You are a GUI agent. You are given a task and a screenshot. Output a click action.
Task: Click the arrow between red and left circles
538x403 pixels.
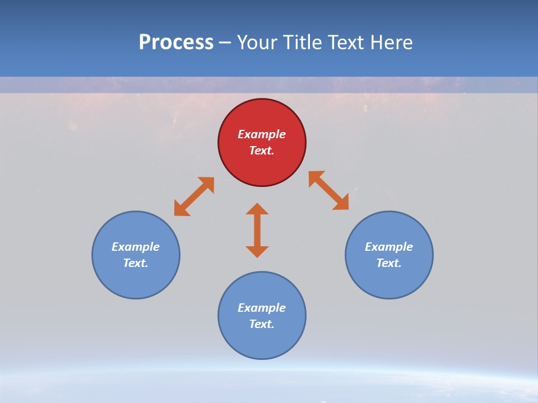coord(194,196)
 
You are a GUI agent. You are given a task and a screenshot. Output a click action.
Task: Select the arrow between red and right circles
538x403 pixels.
coord(328,190)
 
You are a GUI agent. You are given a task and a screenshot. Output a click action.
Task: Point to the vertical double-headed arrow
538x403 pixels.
coord(257,230)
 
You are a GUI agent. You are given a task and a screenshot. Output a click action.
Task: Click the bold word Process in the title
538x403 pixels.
coord(176,42)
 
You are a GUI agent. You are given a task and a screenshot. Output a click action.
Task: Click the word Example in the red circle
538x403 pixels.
coord(262,134)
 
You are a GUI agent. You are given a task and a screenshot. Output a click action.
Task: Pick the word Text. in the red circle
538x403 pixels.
coord(262,151)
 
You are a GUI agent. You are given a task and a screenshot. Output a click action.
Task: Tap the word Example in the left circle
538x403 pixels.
coord(136,247)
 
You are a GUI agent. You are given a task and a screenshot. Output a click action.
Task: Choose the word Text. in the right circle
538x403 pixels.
coord(389,263)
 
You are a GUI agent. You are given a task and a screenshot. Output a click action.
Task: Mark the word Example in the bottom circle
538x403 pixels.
coord(262,308)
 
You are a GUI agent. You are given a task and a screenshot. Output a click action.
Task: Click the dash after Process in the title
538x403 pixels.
coord(225,43)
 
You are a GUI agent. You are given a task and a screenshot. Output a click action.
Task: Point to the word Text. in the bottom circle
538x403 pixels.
coord(262,324)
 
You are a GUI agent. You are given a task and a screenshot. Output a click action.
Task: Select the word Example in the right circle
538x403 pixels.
coord(389,247)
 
